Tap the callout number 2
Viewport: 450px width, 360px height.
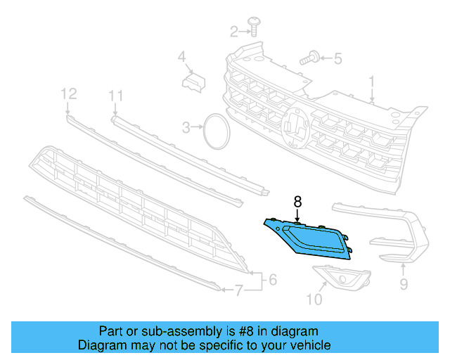pyautogui.click(x=235, y=31)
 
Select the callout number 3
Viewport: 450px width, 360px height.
pyautogui.click(x=186, y=128)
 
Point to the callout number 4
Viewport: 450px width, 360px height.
pyautogui.click(x=181, y=57)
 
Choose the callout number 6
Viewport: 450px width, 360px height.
pyautogui.click(x=272, y=279)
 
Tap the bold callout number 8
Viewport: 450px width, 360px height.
pyautogui.click(x=297, y=201)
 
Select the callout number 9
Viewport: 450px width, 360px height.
pyautogui.click(x=404, y=284)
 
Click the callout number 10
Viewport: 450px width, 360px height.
pyautogui.click(x=314, y=300)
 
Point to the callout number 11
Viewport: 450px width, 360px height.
pyautogui.click(x=116, y=96)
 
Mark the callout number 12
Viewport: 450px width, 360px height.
pyautogui.click(x=68, y=93)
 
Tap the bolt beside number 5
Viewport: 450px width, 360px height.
pyautogui.click(x=309, y=58)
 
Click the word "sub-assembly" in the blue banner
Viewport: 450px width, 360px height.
pyautogui.click(x=163, y=331)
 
